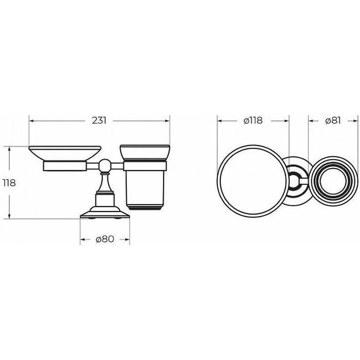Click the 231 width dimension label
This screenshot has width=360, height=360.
99,120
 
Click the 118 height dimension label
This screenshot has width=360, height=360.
9,183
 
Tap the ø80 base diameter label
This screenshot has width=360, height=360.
105,239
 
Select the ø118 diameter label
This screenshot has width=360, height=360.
253,121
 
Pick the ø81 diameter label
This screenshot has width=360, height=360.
333,121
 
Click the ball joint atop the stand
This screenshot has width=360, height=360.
105,165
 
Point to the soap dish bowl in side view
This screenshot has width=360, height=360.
65,153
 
